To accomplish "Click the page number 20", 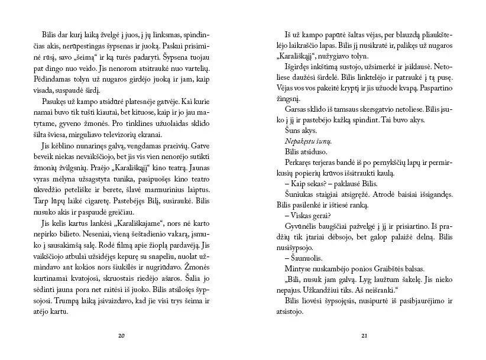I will pyautogui.click(x=122, y=336).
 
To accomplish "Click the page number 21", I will pyautogui.click(x=364, y=336).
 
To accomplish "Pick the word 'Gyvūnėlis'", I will pyautogui.click(x=301, y=226).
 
